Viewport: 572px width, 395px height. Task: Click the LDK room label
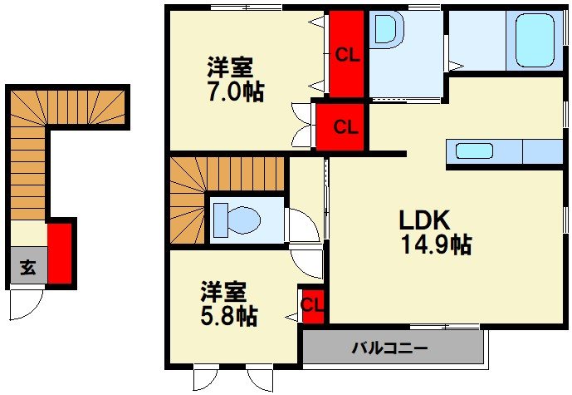[x=424, y=220]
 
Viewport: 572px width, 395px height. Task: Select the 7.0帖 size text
[x=235, y=91]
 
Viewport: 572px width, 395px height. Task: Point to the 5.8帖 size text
[x=227, y=316]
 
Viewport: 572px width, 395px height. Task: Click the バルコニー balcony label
[x=389, y=348]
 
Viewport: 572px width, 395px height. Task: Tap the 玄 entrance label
[x=27, y=268]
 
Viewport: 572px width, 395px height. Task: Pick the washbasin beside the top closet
[x=387, y=30]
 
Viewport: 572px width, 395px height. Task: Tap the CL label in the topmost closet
[x=347, y=55]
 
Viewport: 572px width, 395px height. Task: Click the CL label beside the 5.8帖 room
[x=312, y=304]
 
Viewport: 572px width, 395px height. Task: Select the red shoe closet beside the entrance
[x=59, y=253]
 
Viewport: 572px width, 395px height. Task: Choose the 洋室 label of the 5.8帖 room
[x=222, y=293]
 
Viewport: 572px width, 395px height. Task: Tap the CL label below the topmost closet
[x=345, y=127]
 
